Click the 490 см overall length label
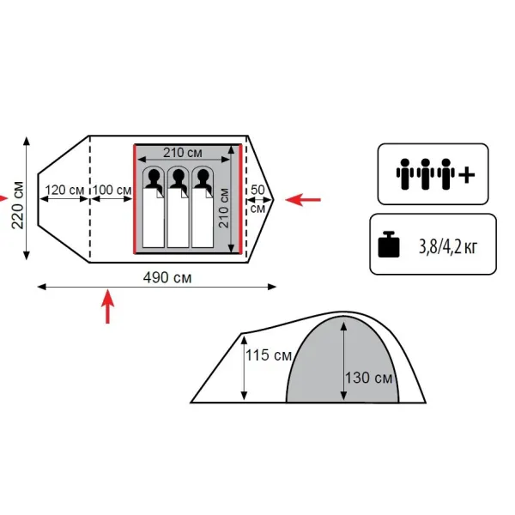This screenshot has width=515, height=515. coord(167,277)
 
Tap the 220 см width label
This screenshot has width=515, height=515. coord(18,204)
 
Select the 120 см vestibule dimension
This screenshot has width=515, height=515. coord(64,190)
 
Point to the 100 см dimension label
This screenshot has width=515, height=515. coord(112,190)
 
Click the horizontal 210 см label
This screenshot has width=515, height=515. coord(183,153)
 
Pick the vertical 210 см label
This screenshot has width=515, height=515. coord(224,208)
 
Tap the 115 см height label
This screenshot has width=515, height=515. coord(269,355)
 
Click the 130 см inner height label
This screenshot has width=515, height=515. coord(368,378)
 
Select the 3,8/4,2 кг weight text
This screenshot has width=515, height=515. coord(448,246)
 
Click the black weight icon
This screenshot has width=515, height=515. coord(389,245)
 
